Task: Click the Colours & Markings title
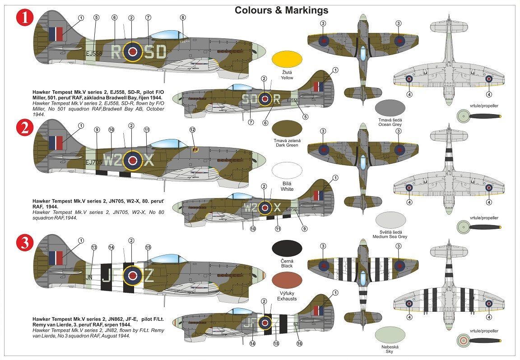281,10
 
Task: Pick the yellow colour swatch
288,61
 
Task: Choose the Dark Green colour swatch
288,129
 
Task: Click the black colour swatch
288,249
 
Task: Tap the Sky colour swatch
390,335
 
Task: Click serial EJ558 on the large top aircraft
94,53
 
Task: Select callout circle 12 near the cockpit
192,129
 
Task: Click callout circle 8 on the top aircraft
182,18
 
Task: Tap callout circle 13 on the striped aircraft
94,247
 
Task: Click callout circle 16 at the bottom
299,343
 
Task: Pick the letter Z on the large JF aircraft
149,274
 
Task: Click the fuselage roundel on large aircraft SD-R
132,52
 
